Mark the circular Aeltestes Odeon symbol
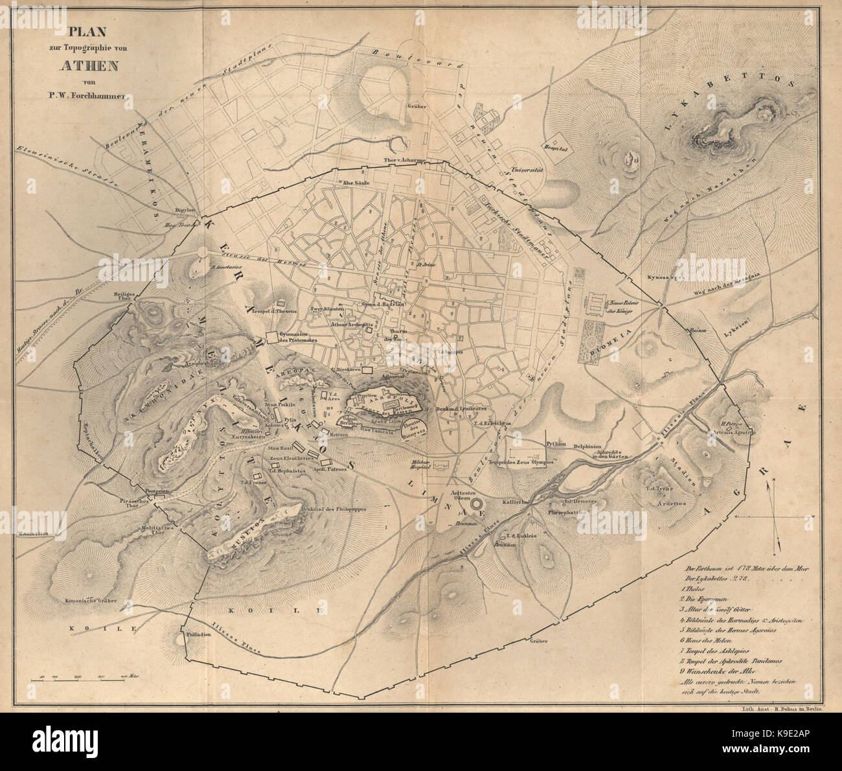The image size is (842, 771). click(476, 503)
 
